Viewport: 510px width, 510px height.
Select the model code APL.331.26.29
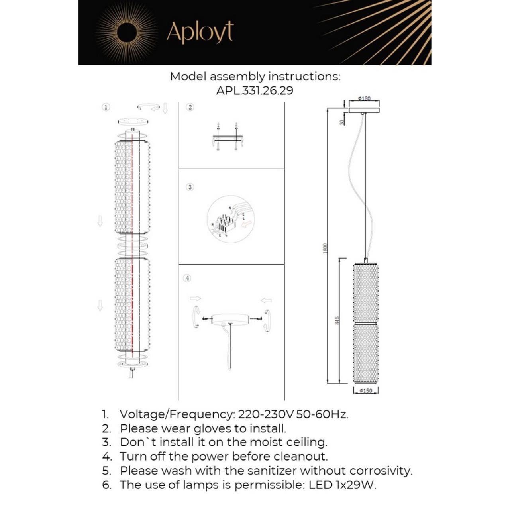255,90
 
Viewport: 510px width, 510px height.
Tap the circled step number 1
106,107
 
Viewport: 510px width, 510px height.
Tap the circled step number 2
190,107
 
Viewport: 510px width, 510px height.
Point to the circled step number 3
190,187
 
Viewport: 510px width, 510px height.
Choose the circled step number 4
187,278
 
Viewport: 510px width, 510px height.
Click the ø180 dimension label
364,98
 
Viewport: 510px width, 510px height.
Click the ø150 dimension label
365,391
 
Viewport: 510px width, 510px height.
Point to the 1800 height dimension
325,248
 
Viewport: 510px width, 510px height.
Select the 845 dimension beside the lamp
337,320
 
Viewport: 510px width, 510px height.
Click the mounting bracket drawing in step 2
228,138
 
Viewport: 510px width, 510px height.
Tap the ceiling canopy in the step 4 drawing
230,319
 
